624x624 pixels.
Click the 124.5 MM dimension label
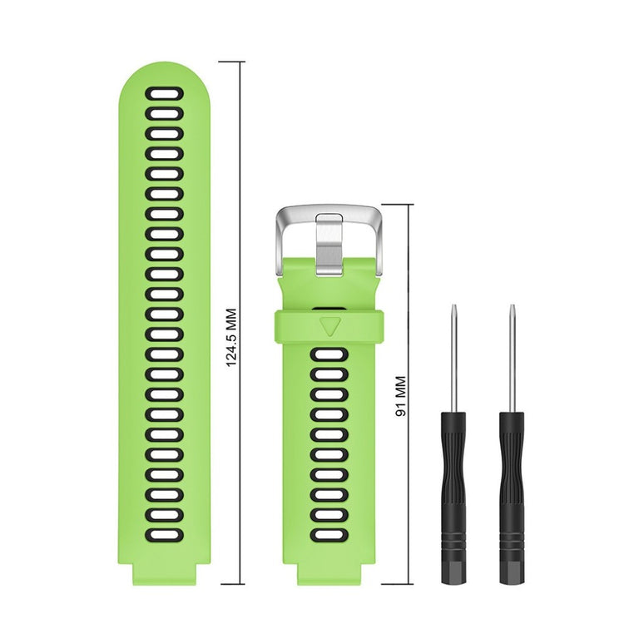(x=232, y=339)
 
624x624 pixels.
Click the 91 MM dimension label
(x=399, y=397)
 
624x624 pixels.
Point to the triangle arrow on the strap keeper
(x=329, y=323)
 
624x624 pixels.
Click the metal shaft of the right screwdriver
(x=512, y=358)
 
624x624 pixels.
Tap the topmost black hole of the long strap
(x=164, y=93)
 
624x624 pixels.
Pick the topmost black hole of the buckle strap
(x=329, y=355)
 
